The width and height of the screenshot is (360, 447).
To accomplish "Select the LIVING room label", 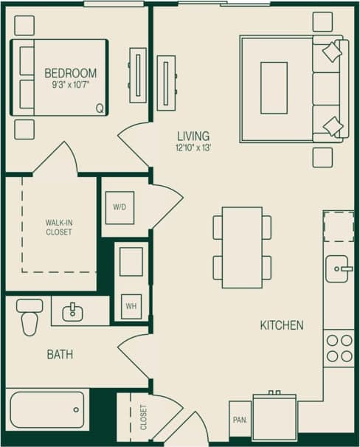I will (x=193, y=136).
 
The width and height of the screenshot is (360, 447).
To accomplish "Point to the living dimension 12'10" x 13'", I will (x=193, y=148).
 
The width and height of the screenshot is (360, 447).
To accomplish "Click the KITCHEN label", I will (x=281, y=325).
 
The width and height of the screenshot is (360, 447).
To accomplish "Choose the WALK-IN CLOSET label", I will (x=59, y=226).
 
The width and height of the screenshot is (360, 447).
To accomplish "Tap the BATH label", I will (x=60, y=355).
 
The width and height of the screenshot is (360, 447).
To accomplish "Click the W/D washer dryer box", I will (x=120, y=207).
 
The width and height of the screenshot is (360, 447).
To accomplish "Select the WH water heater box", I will (x=131, y=305).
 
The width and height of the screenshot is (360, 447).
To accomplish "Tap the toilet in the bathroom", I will (x=30, y=317).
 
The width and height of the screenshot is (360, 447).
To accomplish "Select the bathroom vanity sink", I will (x=73, y=313).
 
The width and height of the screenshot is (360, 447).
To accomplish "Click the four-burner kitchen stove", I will (x=340, y=348).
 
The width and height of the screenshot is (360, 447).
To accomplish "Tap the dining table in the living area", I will (x=242, y=247).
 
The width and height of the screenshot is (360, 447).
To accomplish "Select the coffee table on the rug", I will (x=274, y=88).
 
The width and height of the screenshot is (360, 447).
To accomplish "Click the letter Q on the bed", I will (x=100, y=108).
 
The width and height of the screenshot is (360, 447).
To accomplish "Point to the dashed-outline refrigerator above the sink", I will (x=339, y=226).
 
